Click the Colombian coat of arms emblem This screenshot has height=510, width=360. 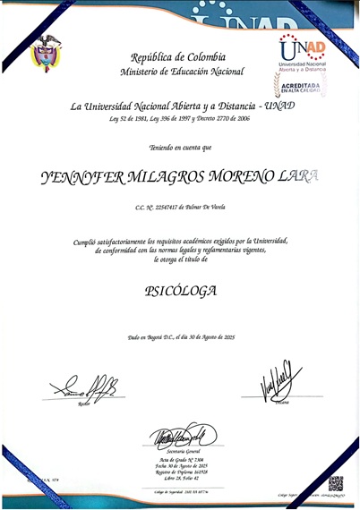pos(46,53)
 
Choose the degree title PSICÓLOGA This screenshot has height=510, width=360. pos(180,291)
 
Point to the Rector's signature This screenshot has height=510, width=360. pos(84,387)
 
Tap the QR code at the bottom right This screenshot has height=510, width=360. pos(335,483)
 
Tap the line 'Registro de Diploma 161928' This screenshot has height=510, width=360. pos(180,472)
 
